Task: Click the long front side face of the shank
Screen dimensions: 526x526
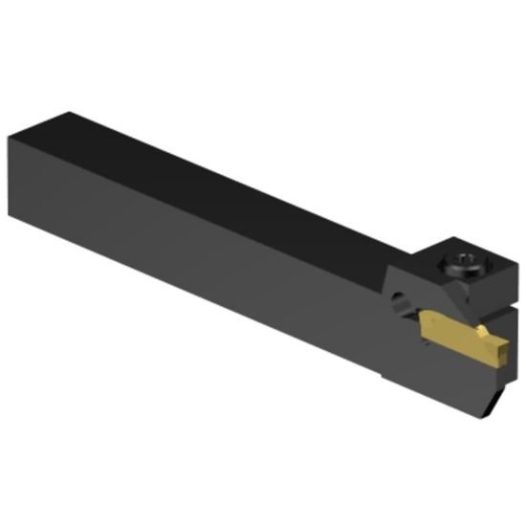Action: tap(210, 268)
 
